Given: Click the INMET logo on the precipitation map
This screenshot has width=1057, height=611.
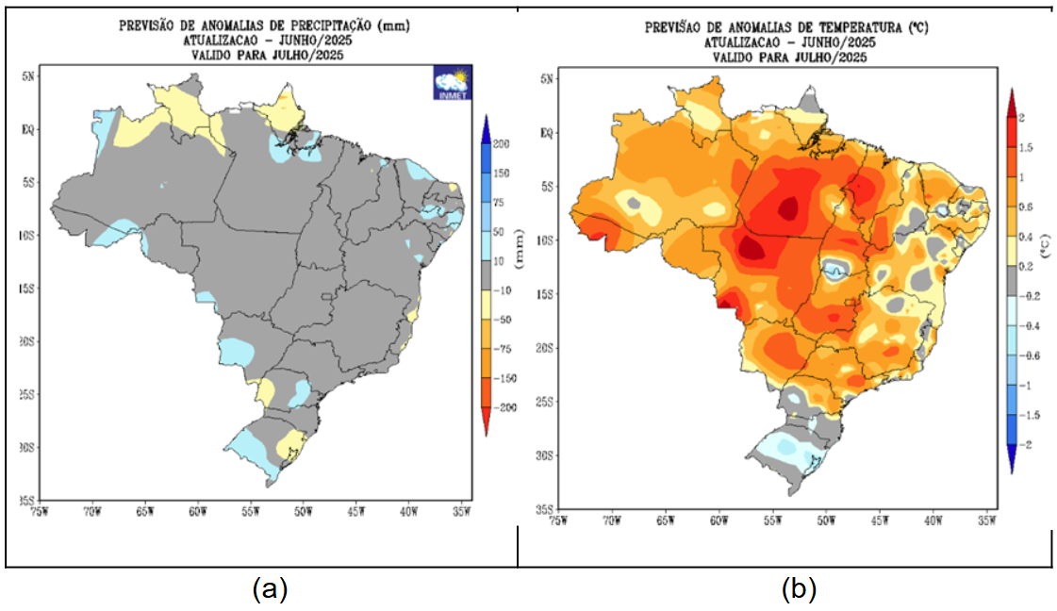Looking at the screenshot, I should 452,83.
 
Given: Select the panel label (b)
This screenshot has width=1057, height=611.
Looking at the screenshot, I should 799,590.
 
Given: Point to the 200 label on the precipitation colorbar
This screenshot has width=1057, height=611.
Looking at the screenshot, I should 502,144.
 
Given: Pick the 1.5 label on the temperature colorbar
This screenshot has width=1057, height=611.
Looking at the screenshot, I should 1025,147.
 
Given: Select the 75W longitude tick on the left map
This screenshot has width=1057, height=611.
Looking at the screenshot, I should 39,511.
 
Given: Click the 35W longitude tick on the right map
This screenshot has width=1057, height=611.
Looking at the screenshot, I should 986,519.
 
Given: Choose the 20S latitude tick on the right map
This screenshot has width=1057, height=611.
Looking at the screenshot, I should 543,348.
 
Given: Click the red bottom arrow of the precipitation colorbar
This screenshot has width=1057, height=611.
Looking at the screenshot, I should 487,425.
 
